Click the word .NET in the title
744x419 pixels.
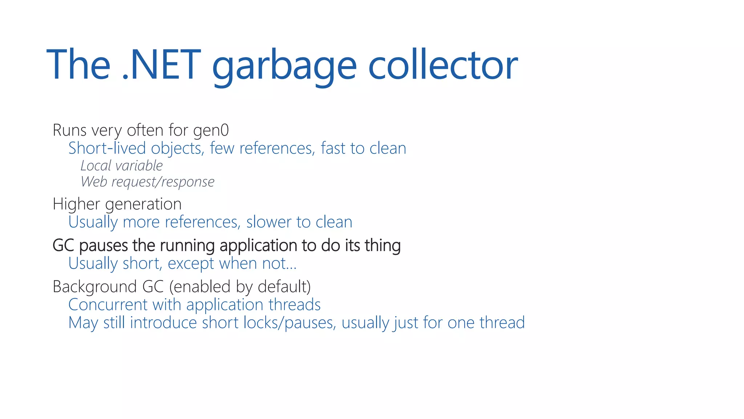[161, 65]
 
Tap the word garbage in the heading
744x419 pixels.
[284, 65]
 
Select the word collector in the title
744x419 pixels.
[443, 65]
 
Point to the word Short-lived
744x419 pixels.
[107, 148]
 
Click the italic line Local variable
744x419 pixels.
[121, 166]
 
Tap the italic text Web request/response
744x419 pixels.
[147, 182]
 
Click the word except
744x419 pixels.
[191, 264]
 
